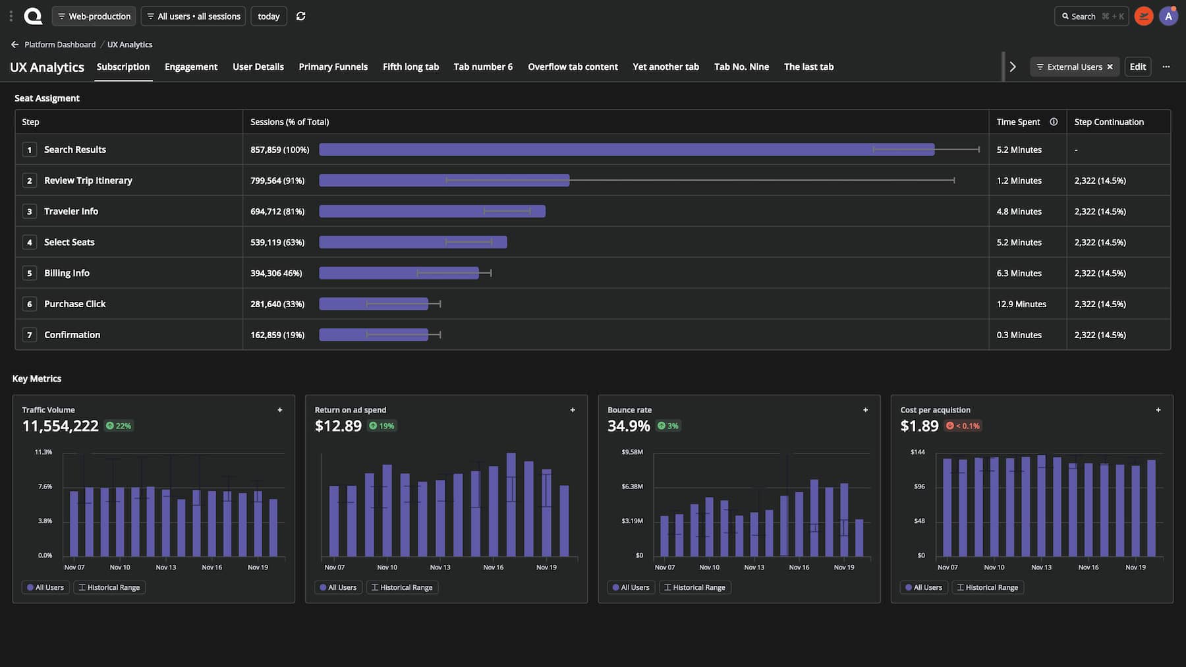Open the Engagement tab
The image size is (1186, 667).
pyautogui.click(x=191, y=67)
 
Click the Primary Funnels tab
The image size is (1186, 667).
pyautogui.click(x=333, y=67)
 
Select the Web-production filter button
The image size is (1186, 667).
pyautogui.click(x=94, y=16)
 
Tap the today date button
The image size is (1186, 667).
pyautogui.click(x=269, y=16)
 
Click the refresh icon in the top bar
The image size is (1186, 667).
pyautogui.click(x=301, y=16)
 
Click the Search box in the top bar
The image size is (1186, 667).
pyautogui.click(x=1092, y=16)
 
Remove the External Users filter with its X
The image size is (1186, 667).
pyautogui.click(x=1110, y=67)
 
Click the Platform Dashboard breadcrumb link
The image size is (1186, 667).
pyautogui.click(x=60, y=45)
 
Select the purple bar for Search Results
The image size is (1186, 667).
pyautogui.click(x=627, y=150)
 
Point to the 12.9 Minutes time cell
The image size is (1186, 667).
pyautogui.click(x=1021, y=304)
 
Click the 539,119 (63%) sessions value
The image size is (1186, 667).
pyautogui.click(x=277, y=242)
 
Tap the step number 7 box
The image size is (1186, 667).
pyautogui.click(x=29, y=335)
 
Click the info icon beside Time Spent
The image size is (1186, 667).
pyautogui.click(x=1054, y=122)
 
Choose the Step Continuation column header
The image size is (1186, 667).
pyautogui.click(x=1109, y=122)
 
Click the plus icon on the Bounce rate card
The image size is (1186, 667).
pyautogui.click(x=865, y=410)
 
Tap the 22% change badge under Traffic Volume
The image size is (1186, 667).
pyautogui.click(x=119, y=426)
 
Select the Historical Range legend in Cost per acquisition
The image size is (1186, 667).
pyautogui.click(x=988, y=587)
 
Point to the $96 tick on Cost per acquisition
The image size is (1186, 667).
pyautogui.click(x=919, y=486)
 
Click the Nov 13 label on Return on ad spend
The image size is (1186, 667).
pyautogui.click(x=440, y=567)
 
